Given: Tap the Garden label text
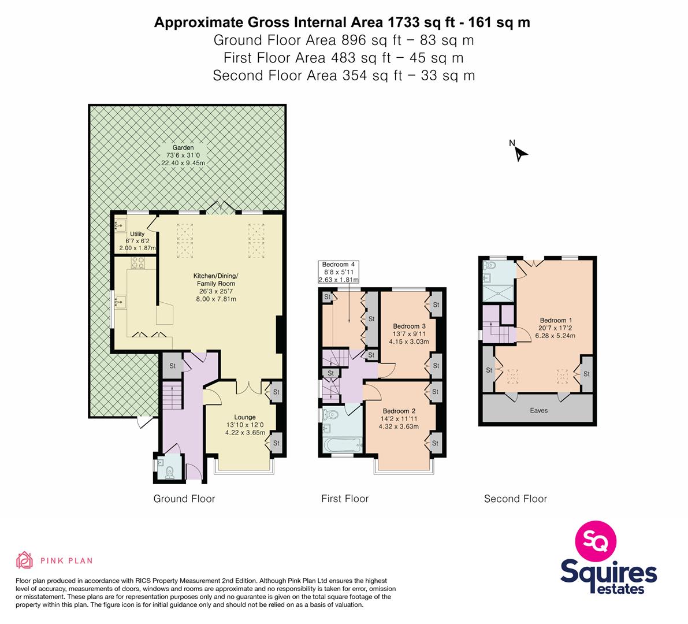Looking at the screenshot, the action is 183,148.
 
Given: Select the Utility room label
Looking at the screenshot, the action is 137,234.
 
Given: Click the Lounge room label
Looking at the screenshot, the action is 245,417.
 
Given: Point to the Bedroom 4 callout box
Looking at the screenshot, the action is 339,272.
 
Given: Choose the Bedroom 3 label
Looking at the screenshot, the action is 409,326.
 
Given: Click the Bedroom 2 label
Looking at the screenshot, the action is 399,411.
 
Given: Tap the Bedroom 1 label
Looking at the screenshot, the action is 556,320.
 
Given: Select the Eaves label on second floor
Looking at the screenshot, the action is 539,410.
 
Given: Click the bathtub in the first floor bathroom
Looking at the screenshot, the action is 342,446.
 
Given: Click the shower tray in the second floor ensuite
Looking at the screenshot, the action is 498,293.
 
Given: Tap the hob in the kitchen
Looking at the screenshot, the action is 137,263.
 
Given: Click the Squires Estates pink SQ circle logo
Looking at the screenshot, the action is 596,541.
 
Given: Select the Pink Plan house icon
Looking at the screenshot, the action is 25,560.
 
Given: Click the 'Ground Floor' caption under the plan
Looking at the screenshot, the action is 184,499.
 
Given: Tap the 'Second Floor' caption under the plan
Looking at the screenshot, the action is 515,499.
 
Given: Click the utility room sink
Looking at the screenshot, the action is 120,226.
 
